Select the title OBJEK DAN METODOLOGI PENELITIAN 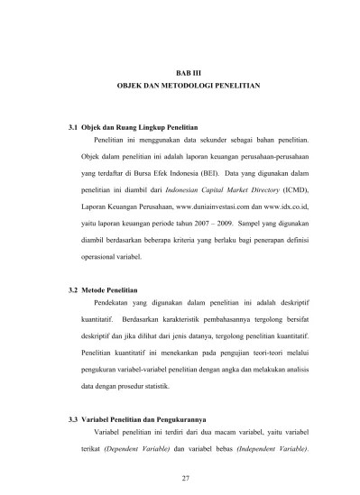click(189, 83)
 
